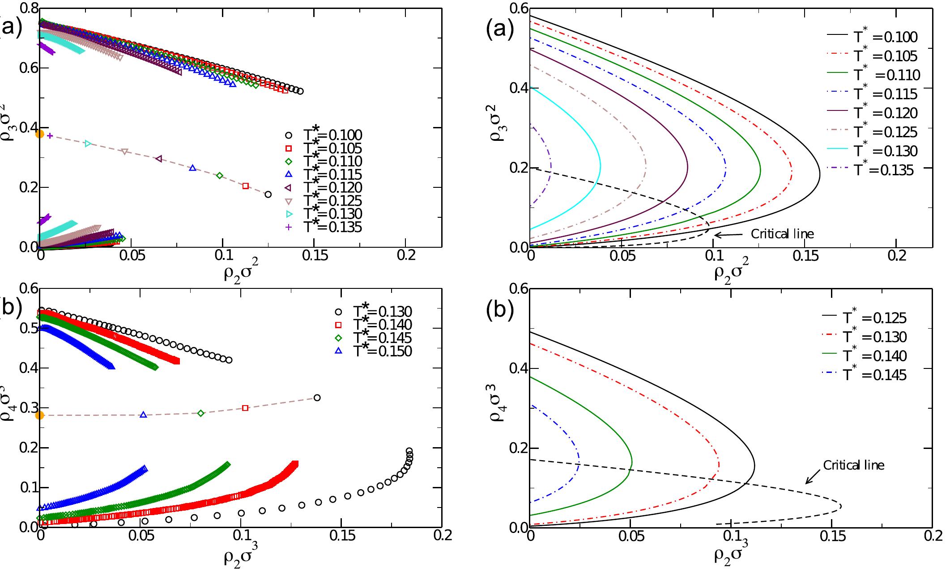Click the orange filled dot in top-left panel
40,134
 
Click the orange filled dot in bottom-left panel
40,415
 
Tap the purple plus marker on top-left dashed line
50,135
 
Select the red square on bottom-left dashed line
245,408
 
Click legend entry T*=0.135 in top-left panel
331,227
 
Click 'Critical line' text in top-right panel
782,234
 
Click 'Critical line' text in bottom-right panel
853,465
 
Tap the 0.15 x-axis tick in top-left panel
314,255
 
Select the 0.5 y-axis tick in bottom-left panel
28,328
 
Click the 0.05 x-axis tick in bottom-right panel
630,536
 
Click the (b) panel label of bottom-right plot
500,312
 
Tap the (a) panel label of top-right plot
500,30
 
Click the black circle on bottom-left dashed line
317,398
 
